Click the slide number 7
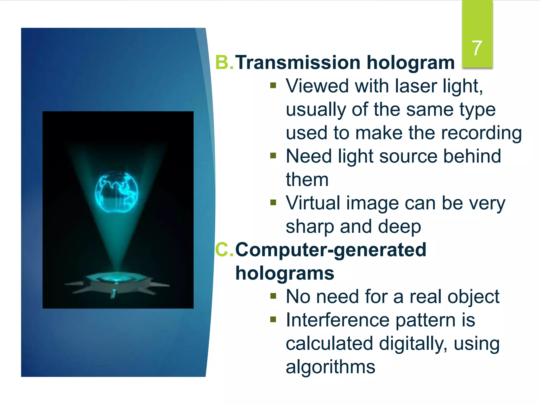click(x=477, y=48)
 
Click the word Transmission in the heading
click(x=298, y=63)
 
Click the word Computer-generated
click(x=331, y=249)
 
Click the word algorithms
click(x=330, y=367)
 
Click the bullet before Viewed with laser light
click(x=273, y=85)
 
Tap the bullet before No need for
click(x=273, y=296)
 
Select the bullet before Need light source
click(x=273, y=156)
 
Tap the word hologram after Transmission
click(x=411, y=63)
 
